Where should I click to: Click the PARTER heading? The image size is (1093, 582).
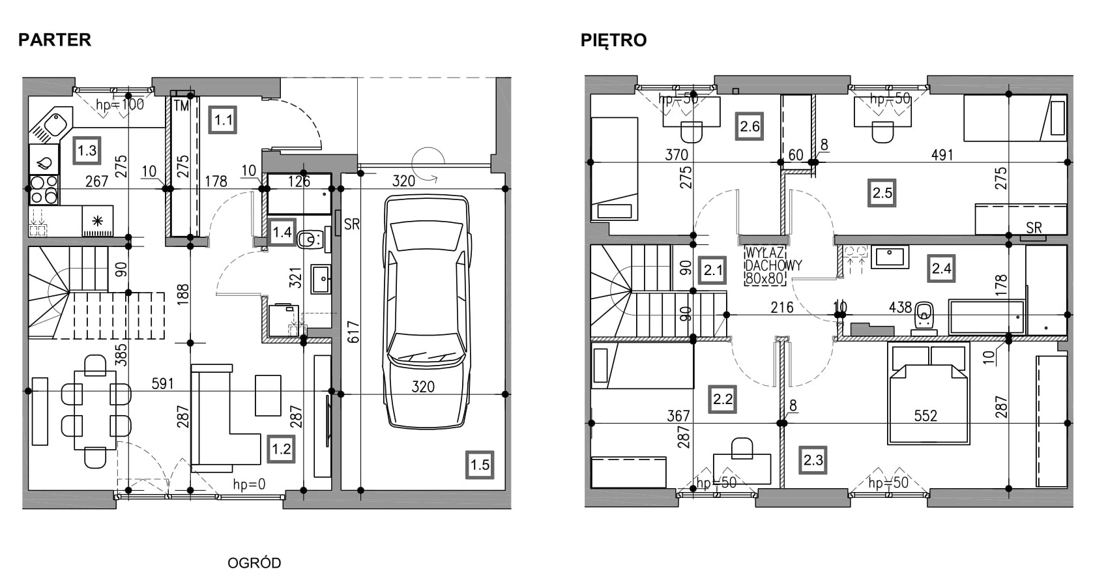pyautogui.click(x=55, y=40)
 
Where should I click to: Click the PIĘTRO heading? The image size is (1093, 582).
pyautogui.click(x=613, y=40)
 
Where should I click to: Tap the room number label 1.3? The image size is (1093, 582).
pyautogui.click(x=87, y=151)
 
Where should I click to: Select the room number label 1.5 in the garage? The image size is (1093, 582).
pyautogui.click(x=480, y=465)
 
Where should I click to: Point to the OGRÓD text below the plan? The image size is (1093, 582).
pyautogui.click(x=254, y=562)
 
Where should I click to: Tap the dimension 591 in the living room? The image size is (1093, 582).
pyautogui.click(x=162, y=383)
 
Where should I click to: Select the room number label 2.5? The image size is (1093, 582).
pyautogui.click(x=882, y=193)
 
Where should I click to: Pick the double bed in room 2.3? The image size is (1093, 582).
pyautogui.click(x=929, y=395)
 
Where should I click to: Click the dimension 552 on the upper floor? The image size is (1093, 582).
pyautogui.click(x=925, y=415)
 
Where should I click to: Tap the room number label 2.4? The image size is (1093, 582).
pyautogui.click(x=941, y=268)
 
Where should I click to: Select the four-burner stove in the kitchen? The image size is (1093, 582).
pyautogui.click(x=44, y=190)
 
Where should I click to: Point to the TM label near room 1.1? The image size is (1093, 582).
pyautogui.click(x=181, y=105)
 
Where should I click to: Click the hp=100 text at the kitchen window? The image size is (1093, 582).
pyautogui.click(x=120, y=104)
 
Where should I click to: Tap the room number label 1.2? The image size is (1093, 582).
pyautogui.click(x=281, y=448)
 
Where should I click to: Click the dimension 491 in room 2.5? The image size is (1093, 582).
pyautogui.click(x=942, y=155)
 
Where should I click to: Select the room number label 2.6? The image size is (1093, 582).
pyautogui.click(x=750, y=126)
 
